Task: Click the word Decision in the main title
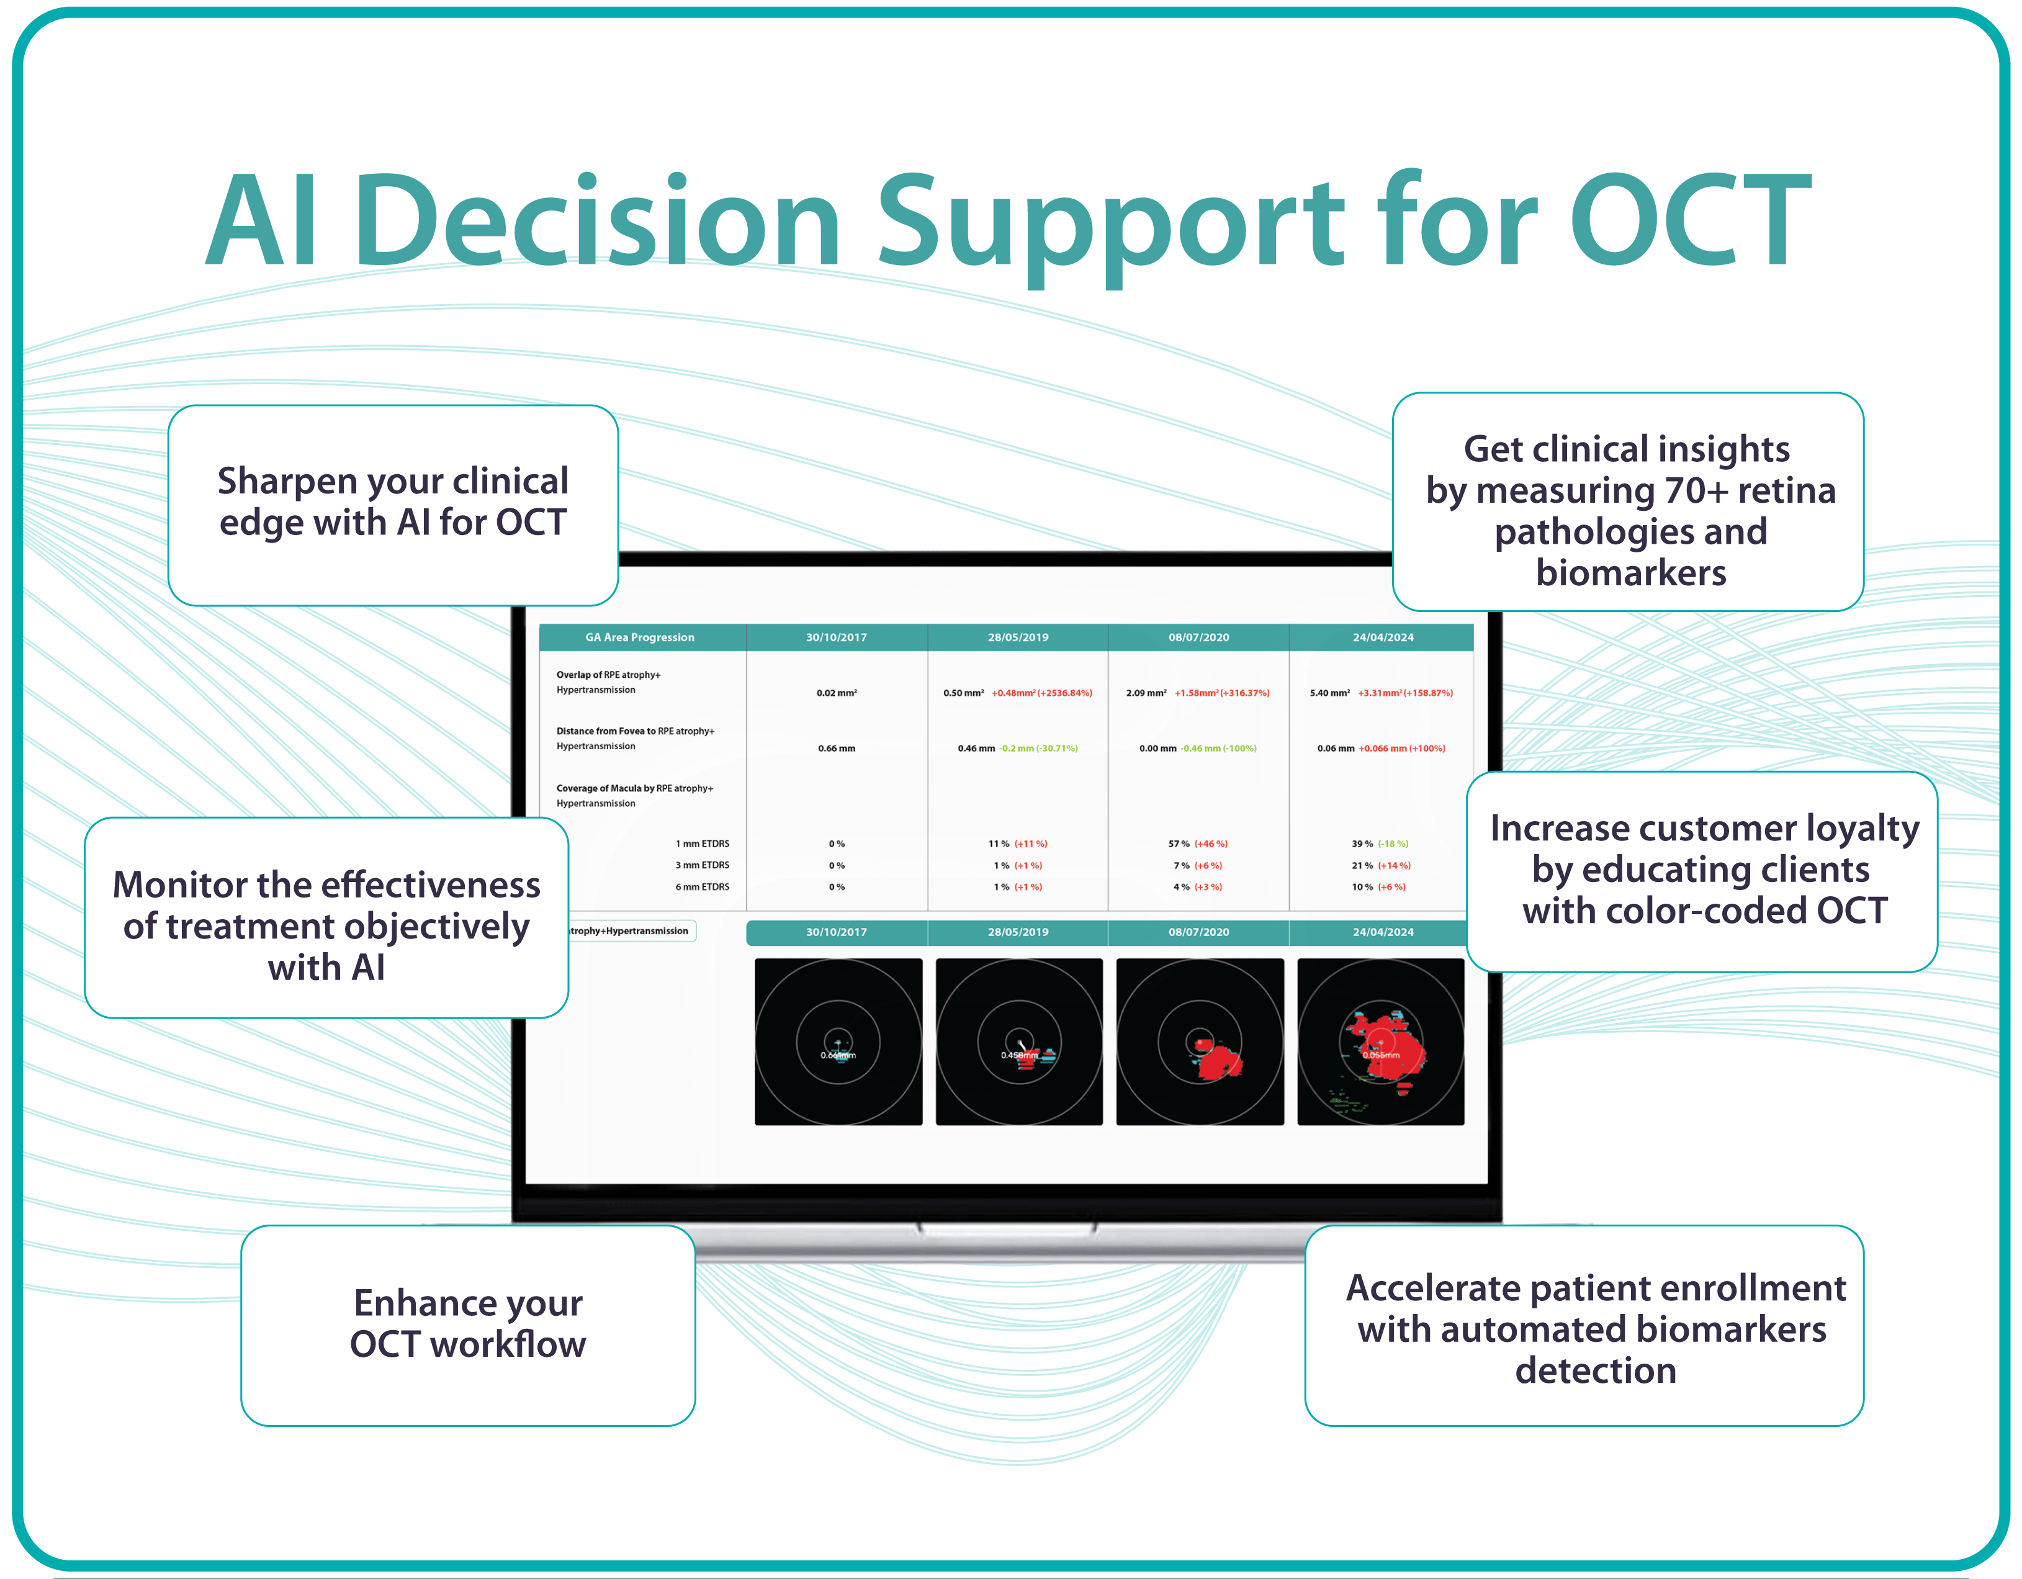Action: click(596, 222)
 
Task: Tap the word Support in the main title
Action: click(1110, 222)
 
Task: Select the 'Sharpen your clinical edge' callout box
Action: click(393, 505)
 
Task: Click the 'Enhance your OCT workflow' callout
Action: click(467, 1325)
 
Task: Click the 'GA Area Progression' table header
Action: click(640, 637)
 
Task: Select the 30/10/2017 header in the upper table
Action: click(836, 637)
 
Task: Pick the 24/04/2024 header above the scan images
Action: click(1382, 932)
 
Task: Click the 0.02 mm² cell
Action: click(836, 693)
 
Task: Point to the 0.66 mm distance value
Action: click(836, 749)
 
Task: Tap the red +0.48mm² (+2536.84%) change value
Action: click(1041, 693)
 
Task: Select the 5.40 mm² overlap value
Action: click(1329, 693)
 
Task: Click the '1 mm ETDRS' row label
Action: click(702, 843)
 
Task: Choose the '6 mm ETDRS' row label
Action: click(702, 887)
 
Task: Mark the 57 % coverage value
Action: click(1179, 843)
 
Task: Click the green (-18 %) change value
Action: click(1393, 843)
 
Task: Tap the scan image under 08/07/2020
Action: click(1200, 1042)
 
